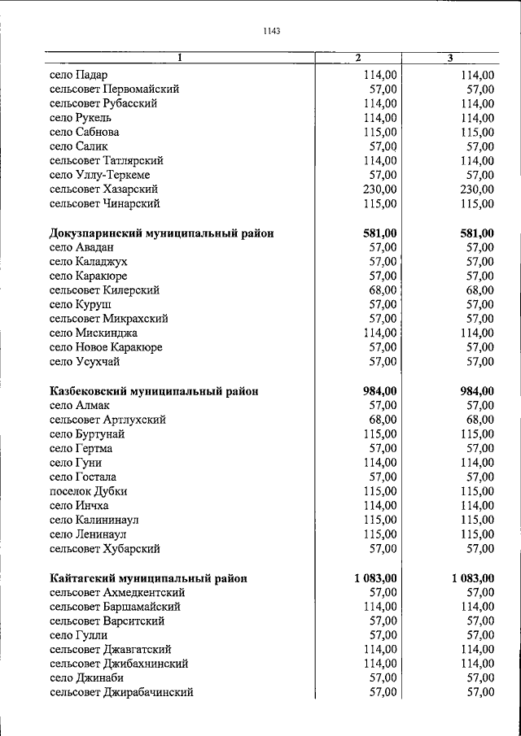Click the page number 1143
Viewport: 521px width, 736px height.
tap(272, 32)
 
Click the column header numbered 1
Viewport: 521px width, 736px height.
tap(180, 58)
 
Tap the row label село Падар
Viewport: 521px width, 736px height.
tap(78, 75)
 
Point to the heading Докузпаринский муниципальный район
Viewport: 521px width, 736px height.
tap(161, 233)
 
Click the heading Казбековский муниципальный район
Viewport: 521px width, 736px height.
tap(154, 391)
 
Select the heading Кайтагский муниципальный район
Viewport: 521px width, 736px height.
tap(147, 578)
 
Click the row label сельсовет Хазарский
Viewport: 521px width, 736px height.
tap(103, 189)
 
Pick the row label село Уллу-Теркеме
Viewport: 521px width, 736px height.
tap(99, 175)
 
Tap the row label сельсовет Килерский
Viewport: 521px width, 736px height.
tap(104, 290)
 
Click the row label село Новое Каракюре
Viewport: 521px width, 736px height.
tap(106, 347)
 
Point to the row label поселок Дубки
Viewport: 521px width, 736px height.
tap(88, 491)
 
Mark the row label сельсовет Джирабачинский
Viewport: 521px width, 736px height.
tap(121, 693)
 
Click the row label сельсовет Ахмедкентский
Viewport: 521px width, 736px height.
tap(117, 593)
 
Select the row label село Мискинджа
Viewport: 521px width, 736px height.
tap(93, 333)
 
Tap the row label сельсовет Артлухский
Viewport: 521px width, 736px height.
tap(107, 420)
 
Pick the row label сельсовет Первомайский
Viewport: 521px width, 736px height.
tap(114, 89)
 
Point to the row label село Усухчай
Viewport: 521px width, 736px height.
tap(85, 362)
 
